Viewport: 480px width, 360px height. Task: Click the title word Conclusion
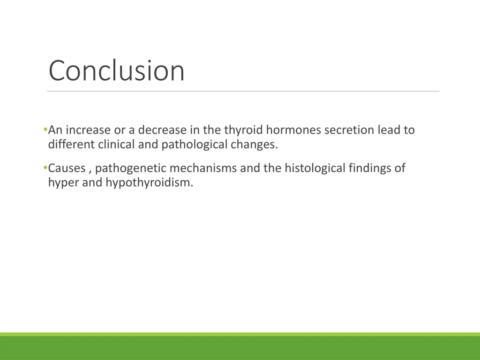click(x=117, y=71)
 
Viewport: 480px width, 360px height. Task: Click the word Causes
click(x=67, y=168)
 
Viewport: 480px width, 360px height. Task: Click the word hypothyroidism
click(x=149, y=182)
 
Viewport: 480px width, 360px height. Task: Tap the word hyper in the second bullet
click(x=63, y=182)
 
